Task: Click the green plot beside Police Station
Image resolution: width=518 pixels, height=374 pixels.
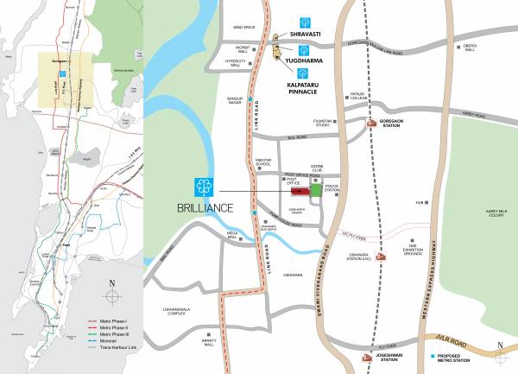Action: [314, 190]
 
